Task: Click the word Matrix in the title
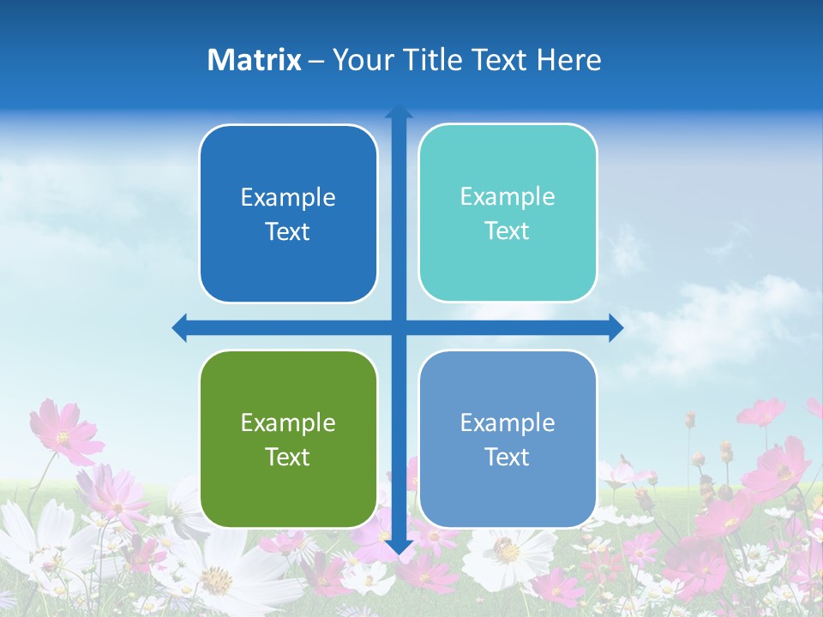pos(254,60)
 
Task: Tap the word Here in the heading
pos(569,60)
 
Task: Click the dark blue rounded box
pos(288,213)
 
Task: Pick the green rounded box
pos(288,439)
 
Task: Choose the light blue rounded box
pos(508,439)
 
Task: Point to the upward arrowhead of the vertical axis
pos(399,111)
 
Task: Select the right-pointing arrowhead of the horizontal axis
pos(616,327)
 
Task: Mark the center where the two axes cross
pos(399,327)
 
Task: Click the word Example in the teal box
pos(508,196)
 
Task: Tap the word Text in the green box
pos(287,457)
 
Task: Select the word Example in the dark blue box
pos(288,197)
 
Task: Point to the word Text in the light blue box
pos(507,457)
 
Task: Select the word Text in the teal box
pos(507,231)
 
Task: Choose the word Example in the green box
pos(288,422)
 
